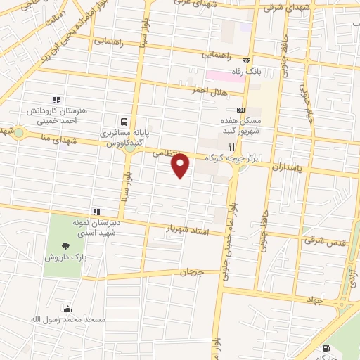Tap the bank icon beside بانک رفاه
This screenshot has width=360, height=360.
[245, 60]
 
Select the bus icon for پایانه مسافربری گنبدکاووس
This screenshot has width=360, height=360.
[124, 120]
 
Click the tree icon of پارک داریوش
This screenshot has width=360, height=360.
[65, 246]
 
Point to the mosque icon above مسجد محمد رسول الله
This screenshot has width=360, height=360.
[67, 308]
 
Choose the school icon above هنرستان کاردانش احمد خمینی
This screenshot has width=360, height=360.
[56, 100]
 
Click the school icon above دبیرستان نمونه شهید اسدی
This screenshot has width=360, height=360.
[96, 211]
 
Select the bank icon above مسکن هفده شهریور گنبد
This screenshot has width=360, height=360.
[240, 110]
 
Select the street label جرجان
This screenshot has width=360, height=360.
[191, 271]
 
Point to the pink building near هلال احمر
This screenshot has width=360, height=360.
[224, 74]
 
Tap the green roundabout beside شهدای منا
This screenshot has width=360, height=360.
[19, 134]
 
